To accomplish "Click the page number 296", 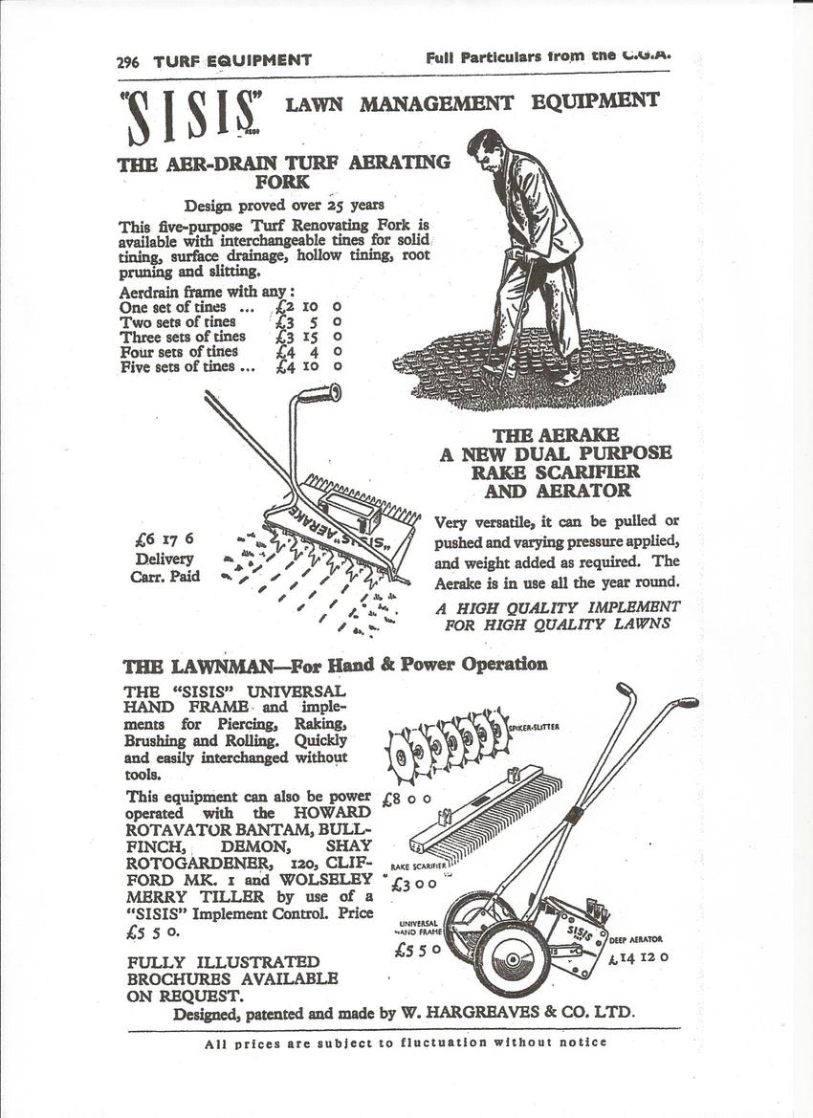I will [127, 61].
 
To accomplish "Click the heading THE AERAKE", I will [555, 435].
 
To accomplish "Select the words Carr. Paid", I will [165, 577].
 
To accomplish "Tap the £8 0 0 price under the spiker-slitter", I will [406, 797].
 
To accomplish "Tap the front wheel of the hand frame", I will [512, 957].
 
